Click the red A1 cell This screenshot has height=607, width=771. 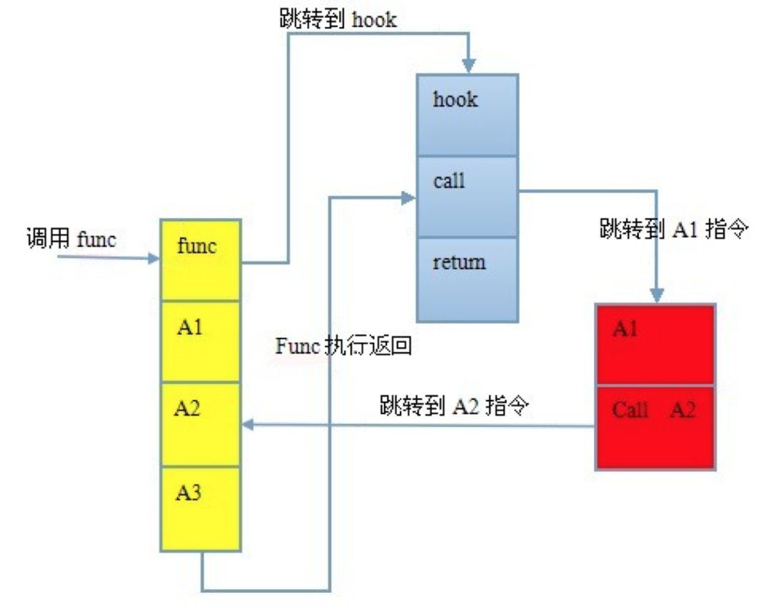pyautogui.click(x=655, y=345)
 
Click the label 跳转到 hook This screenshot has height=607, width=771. pyautogui.click(x=337, y=19)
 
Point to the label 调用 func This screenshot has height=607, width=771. pyautogui.click(x=71, y=239)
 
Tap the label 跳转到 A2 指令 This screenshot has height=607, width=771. pyautogui.click(x=454, y=406)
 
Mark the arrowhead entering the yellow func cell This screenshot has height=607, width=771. pyautogui.click(x=153, y=259)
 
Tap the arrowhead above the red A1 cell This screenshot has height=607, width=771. pyautogui.click(x=657, y=294)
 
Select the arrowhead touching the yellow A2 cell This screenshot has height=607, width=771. pyautogui.click(x=248, y=425)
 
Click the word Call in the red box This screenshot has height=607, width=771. pyautogui.click(x=630, y=411)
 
